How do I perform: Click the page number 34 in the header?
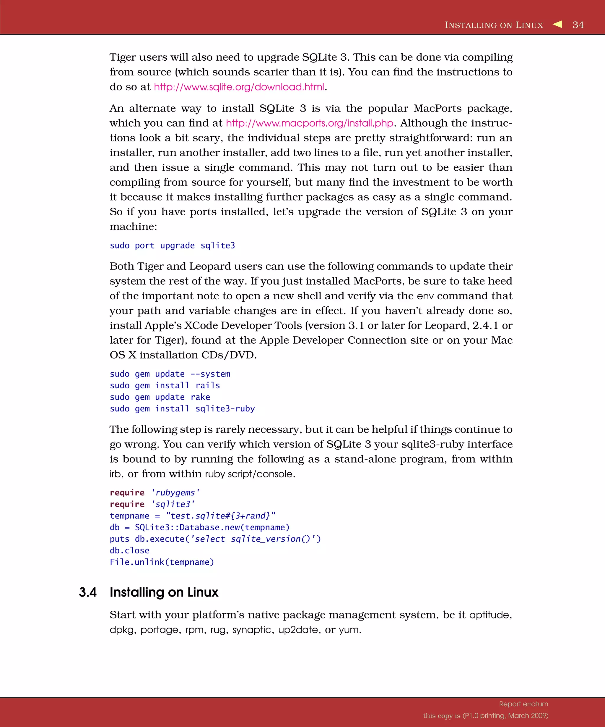(x=578, y=25)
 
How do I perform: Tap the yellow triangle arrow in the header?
(x=557, y=24)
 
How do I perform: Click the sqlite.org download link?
(x=239, y=87)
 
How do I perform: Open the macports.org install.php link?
(x=309, y=123)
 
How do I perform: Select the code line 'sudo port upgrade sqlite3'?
(x=172, y=245)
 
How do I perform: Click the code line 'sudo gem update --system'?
(x=170, y=374)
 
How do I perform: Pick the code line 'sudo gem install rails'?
(x=165, y=385)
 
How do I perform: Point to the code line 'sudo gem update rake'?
(x=160, y=397)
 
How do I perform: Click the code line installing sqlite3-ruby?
(x=182, y=408)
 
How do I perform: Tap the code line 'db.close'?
(x=129, y=550)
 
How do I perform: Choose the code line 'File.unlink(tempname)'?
(x=162, y=562)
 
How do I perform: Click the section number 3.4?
(x=87, y=592)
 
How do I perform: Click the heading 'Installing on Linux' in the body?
(x=164, y=592)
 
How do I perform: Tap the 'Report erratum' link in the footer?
(x=523, y=704)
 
